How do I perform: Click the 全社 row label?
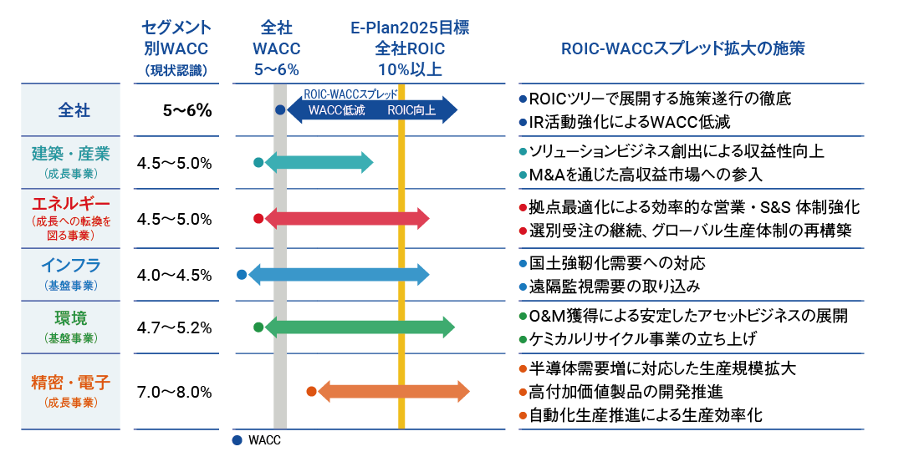pyautogui.click(x=74, y=110)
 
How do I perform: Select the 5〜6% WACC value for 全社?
pyautogui.click(x=187, y=110)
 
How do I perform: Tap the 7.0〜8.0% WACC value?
pyautogui.click(x=174, y=391)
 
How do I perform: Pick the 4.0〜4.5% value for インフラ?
pyautogui.click(x=174, y=275)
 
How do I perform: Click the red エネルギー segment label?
pyautogui.click(x=71, y=203)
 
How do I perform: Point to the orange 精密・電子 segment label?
pyautogui.click(x=71, y=383)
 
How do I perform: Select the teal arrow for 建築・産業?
pyautogui.click(x=319, y=163)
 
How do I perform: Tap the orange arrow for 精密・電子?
pyautogui.click(x=393, y=391)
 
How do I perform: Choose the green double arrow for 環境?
pyautogui.click(x=360, y=327)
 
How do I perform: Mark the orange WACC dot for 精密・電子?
pyautogui.click(x=311, y=391)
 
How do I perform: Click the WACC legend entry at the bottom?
pyautogui.click(x=258, y=440)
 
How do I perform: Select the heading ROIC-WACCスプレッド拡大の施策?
pyautogui.click(x=682, y=48)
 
